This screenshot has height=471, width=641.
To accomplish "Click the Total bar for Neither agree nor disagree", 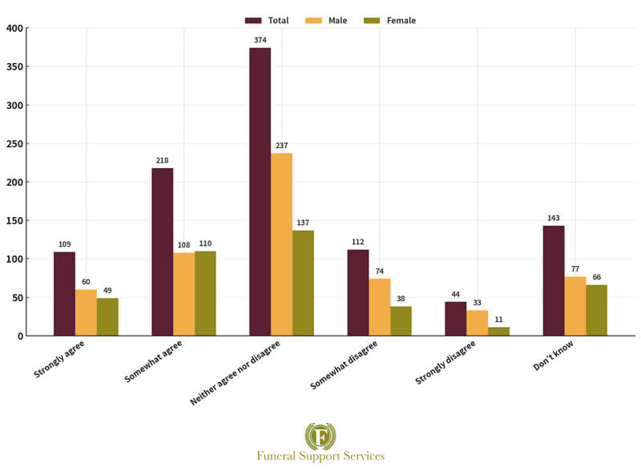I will tap(260, 192).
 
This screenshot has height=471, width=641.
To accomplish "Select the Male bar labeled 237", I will tap(281, 244).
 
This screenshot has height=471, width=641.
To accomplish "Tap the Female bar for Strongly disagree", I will tap(498, 332).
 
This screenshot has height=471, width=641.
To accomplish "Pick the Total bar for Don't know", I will tap(553, 280).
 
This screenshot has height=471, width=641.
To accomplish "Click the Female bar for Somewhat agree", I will tap(205, 293).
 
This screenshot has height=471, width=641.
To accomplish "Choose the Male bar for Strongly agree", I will tap(86, 312).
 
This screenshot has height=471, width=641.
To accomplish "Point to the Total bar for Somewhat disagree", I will tap(357, 292).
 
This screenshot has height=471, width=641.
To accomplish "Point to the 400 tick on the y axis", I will tap(14, 28).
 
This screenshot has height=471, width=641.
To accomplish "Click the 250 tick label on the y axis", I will tap(14, 143).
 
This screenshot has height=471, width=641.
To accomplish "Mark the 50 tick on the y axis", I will tap(17, 297).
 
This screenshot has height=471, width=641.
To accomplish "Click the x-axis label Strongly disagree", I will tap(445, 362).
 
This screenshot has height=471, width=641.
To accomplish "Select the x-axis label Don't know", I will tap(552, 356).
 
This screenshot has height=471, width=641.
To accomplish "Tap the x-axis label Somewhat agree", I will tap(154, 361).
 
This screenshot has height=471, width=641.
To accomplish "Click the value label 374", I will tap(260, 39).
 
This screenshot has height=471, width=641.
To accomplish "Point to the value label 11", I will tap(498, 319).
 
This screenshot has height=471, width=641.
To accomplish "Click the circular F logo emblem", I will tap(320, 436).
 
